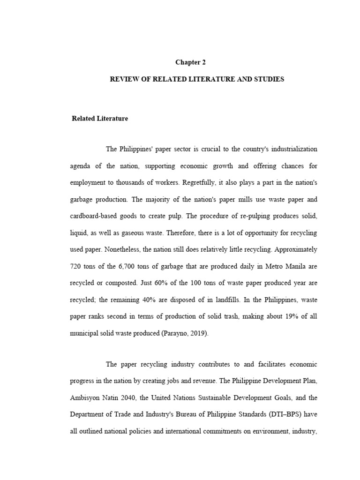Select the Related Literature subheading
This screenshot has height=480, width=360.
coord(100,119)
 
